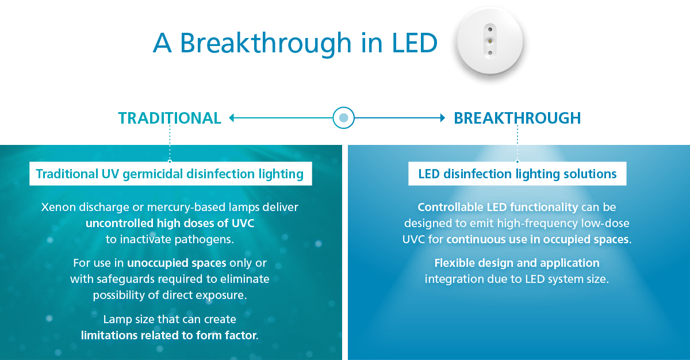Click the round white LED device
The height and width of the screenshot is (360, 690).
coord(490,41)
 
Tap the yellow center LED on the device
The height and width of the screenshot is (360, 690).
coord(490,41)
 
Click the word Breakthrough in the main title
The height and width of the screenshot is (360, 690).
coord(266,44)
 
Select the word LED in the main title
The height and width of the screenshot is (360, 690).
coord(415,43)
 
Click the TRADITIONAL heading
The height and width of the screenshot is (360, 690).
coord(170,118)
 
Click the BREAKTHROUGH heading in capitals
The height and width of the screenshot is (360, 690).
coord(517,118)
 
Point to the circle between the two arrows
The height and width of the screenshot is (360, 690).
coord(343,118)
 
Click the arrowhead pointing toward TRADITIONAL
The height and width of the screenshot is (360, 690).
coord(232,118)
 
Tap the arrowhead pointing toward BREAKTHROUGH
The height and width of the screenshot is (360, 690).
coord(443,118)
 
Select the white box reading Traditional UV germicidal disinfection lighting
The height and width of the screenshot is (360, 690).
coord(171,174)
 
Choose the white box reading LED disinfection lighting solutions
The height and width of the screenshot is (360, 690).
coord(517,174)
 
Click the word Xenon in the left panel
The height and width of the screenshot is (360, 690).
coord(59,207)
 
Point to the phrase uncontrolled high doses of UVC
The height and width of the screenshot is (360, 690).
coord(170,223)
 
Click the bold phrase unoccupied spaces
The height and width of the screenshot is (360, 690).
coord(177,263)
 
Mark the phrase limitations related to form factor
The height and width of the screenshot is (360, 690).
coord(170,335)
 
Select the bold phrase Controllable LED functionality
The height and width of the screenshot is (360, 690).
coord(498,207)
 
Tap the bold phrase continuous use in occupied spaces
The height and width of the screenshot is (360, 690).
coord(539,240)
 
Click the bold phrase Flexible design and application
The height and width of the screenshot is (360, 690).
coord(517,263)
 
